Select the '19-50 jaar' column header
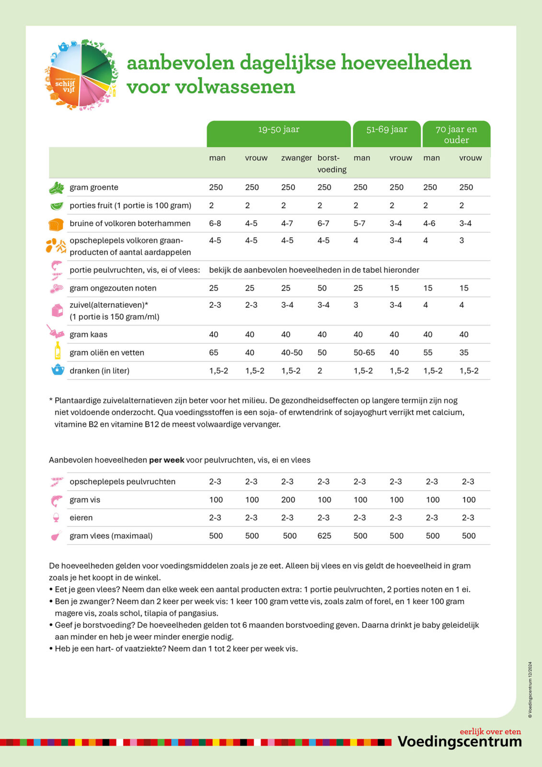(x=278, y=129)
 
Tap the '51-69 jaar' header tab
(x=387, y=129)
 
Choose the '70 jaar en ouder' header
(x=456, y=134)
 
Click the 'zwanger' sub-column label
(x=296, y=158)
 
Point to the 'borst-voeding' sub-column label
(x=332, y=163)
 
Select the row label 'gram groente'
(x=94, y=187)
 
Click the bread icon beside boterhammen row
(x=56, y=224)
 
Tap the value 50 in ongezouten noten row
(x=322, y=288)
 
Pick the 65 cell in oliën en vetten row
(x=214, y=353)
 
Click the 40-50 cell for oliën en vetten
(x=292, y=353)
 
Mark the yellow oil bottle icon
(x=58, y=351)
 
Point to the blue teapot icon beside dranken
(x=58, y=370)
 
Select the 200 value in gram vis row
(x=288, y=500)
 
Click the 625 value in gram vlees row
(x=324, y=536)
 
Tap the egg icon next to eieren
(x=57, y=518)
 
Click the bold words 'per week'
(x=166, y=460)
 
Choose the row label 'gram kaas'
(x=89, y=335)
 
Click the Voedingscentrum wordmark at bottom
(x=460, y=742)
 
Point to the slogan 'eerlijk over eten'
(x=490, y=732)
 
